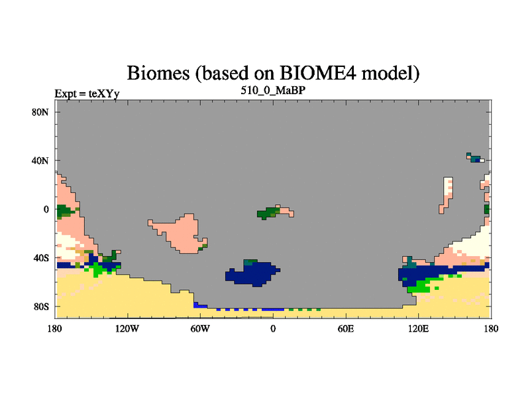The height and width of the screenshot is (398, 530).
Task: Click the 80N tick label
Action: coord(40,112)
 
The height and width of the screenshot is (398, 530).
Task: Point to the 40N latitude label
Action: coord(40,161)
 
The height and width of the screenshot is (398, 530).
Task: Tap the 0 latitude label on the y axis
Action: coord(46,210)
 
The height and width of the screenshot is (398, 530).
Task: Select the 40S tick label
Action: coord(41,258)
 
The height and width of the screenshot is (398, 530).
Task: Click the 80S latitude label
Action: coord(41,306)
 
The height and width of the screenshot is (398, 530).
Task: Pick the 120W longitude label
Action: coord(127,328)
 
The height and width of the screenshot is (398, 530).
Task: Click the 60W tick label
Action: coord(200,328)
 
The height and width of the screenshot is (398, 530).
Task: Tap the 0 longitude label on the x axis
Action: coord(273,328)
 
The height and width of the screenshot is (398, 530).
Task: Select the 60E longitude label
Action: coord(346,328)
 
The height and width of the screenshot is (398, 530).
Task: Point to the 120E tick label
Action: coord(419,328)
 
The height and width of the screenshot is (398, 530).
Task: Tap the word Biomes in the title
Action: coord(158,73)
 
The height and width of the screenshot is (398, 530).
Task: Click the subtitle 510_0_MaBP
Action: coord(273,90)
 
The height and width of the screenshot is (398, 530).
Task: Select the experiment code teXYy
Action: coord(104,94)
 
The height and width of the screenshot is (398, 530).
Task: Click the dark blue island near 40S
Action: coord(253,273)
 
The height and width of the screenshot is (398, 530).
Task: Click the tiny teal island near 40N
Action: coord(475,158)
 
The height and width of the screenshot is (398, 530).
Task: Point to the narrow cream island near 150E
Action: coord(447,195)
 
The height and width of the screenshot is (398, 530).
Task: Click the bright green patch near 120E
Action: coord(423,285)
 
